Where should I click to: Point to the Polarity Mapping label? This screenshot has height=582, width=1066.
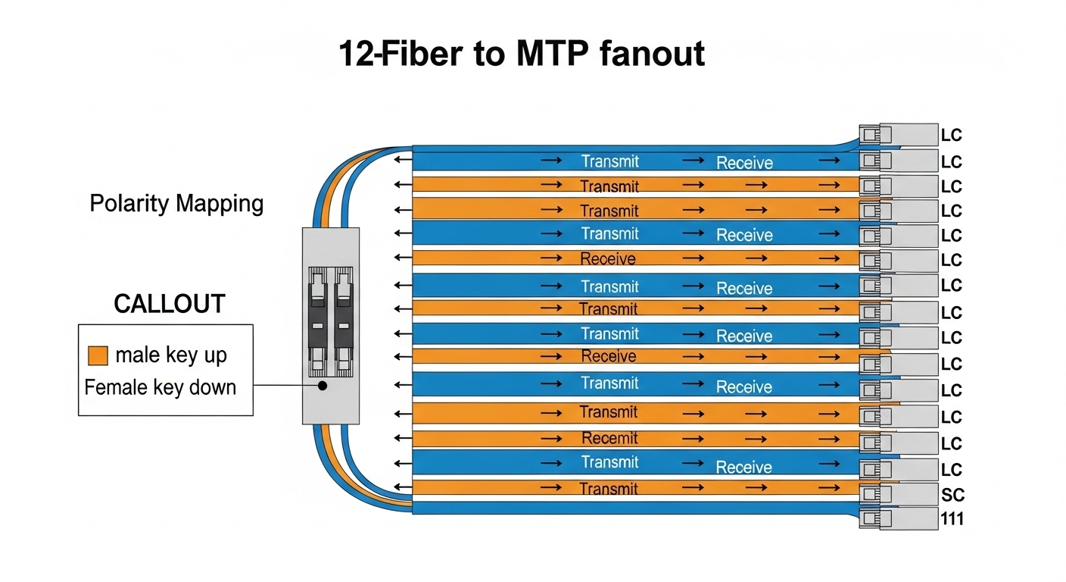coord(176,204)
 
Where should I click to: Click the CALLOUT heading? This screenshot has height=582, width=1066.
coord(169,304)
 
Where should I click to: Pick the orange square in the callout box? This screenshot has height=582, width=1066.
coord(98,355)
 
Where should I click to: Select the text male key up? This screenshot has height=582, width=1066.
coord(171,355)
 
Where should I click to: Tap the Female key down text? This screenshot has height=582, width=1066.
coord(161,387)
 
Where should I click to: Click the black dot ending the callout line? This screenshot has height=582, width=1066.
coord(323,386)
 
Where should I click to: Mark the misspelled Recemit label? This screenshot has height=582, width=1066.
coord(609,438)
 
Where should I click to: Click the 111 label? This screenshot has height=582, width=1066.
coord(952,520)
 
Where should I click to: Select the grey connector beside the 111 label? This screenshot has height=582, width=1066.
coord(898,519)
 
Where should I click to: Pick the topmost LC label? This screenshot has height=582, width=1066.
coord(951,136)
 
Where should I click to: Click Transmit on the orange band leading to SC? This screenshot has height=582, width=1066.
coord(609,489)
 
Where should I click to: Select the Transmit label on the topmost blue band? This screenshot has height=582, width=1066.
coord(610,161)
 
